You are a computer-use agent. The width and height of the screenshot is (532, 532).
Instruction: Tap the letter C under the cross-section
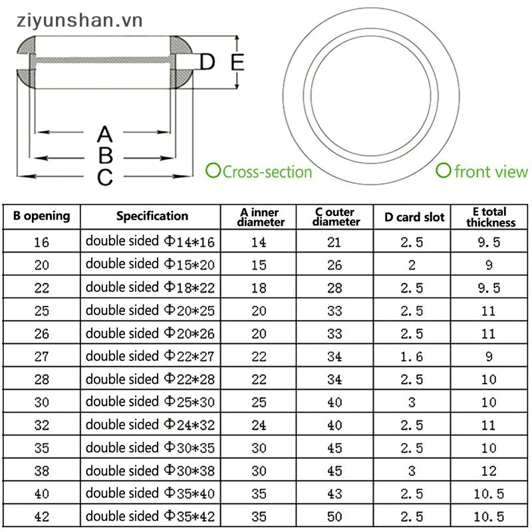[105, 178]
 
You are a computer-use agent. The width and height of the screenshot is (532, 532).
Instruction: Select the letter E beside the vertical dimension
[237, 63]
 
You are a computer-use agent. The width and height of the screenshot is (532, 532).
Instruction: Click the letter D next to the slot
[207, 63]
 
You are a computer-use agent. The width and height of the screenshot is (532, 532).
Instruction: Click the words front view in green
[491, 172]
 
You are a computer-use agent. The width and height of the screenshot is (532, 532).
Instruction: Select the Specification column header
[152, 216]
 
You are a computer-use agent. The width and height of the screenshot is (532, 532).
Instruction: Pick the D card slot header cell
[411, 217]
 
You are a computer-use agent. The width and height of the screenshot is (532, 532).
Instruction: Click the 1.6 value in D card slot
[411, 356]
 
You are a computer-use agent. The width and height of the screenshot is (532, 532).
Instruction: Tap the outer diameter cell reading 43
[334, 493]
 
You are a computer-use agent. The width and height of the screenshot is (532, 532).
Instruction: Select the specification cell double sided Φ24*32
[151, 425]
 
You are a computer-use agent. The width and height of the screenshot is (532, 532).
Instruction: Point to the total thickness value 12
[489, 471]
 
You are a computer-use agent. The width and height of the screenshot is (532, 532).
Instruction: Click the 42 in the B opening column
[41, 517]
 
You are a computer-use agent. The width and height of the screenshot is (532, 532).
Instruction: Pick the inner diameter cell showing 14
[259, 243]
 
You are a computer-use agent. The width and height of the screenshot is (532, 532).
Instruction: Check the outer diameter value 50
[334, 517]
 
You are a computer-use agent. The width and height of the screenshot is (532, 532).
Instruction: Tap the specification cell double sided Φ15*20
[151, 265]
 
